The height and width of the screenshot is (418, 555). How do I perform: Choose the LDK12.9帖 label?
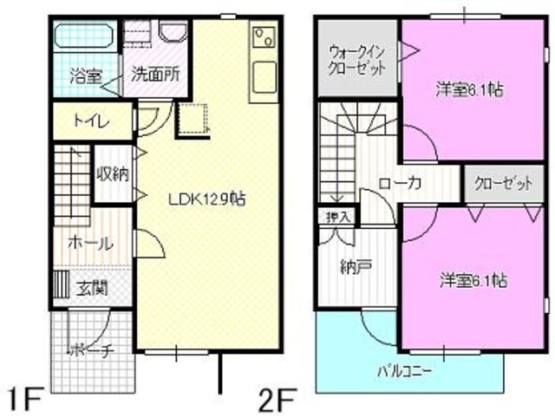tap(206, 198)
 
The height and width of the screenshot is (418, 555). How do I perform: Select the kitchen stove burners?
tap(263, 38)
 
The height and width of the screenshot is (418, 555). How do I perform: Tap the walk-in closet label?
tap(356, 60)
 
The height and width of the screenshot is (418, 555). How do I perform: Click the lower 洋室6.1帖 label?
tap(473, 280)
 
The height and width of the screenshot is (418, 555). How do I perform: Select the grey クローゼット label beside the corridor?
tap(504, 183)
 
